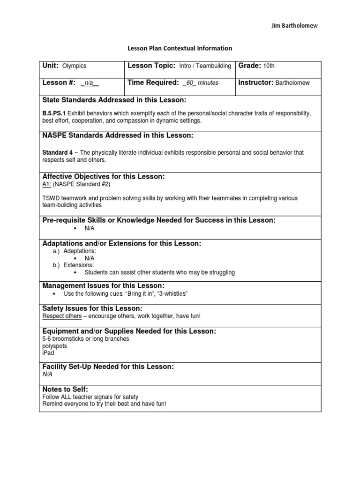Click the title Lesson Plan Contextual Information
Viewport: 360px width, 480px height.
click(x=180, y=48)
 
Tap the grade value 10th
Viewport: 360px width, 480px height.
click(x=269, y=66)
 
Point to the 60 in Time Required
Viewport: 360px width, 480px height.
click(x=190, y=83)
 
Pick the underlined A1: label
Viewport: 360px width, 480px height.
click(x=47, y=184)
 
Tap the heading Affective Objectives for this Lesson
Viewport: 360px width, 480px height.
click(x=104, y=176)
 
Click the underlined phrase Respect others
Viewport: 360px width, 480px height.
click(x=62, y=316)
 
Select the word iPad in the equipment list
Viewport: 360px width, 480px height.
click(x=48, y=353)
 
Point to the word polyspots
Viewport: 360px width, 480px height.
click(x=54, y=346)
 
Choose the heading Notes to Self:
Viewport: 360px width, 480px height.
click(x=65, y=390)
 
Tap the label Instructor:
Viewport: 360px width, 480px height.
click(x=256, y=82)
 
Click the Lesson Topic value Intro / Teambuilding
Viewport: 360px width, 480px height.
click(x=205, y=66)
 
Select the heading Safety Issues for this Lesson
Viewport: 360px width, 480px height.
click(x=92, y=308)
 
